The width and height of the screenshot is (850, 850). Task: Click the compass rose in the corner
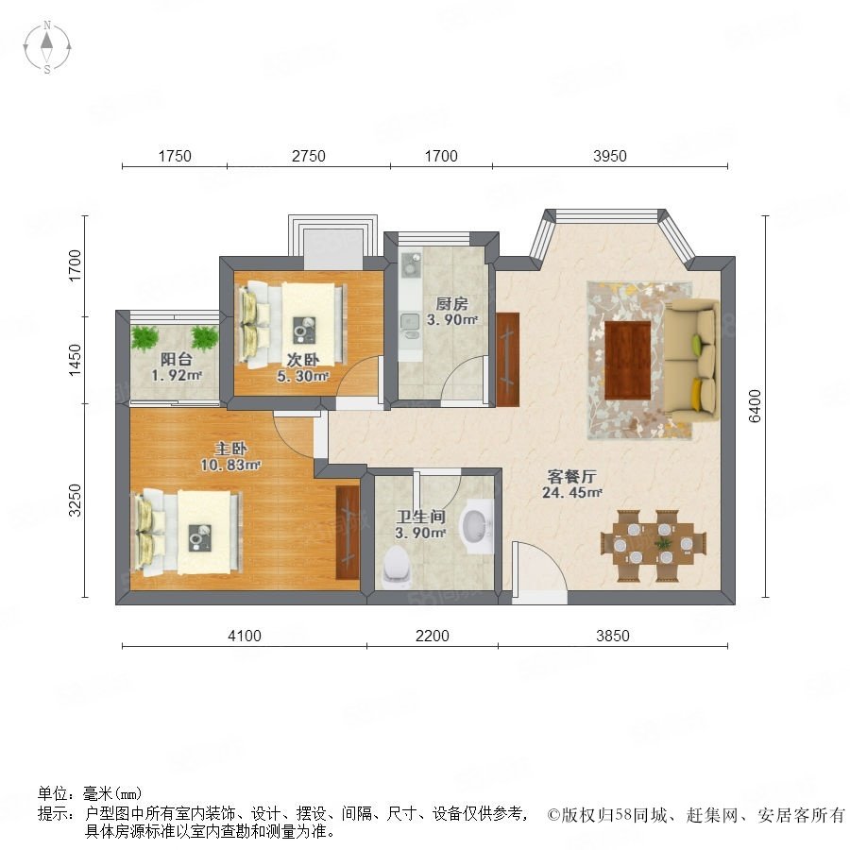[x=47, y=47]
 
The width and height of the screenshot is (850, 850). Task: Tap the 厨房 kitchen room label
[x=451, y=303]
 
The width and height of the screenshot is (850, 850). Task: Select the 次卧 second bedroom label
[x=302, y=360]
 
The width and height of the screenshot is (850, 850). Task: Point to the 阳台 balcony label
[x=177, y=359]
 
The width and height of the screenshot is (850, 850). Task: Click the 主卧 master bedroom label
[x=231, y=449]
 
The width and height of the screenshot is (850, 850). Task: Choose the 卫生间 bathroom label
[x=420, y=517]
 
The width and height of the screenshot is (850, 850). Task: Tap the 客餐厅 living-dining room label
[x=572, y=477]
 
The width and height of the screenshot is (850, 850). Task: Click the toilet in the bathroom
[x=397, y=567]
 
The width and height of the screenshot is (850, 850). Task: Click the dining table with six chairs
[x=654, y=545]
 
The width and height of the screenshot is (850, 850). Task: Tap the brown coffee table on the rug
[x=628, y=360]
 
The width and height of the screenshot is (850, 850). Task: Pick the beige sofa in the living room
[x=691, y=361]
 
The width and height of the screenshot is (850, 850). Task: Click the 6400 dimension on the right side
[x=755, y=406]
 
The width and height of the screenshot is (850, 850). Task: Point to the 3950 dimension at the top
[x=610, y=156]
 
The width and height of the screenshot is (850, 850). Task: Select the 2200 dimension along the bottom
[x=432, y=636]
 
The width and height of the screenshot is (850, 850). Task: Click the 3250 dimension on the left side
[x=76, y=500]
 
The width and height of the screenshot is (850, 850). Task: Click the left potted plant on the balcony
[x=144, y=338]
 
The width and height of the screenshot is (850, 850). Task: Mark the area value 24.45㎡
[x=572, y=493]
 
